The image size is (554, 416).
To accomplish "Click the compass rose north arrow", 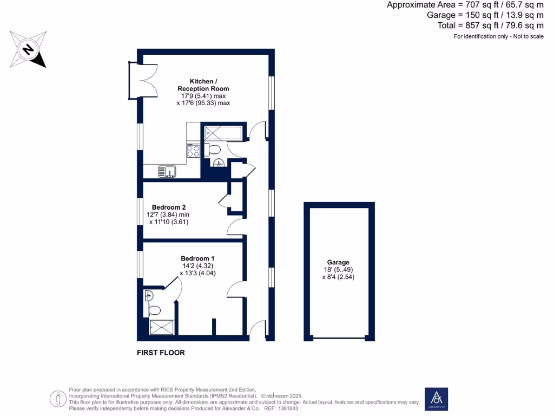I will (28, 50).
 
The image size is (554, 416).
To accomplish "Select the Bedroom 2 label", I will (169, 207).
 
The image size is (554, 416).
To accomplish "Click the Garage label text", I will (338, 262).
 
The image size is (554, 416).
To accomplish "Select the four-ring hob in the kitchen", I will (193, 151).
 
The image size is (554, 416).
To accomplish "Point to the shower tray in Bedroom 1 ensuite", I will (162, 327).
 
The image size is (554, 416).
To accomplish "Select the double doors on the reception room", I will (138, 81).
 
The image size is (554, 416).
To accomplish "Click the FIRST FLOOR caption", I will (161, 353).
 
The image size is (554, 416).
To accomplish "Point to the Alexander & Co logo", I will (435, 398).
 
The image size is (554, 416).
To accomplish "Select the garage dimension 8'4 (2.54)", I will (338, 277).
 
